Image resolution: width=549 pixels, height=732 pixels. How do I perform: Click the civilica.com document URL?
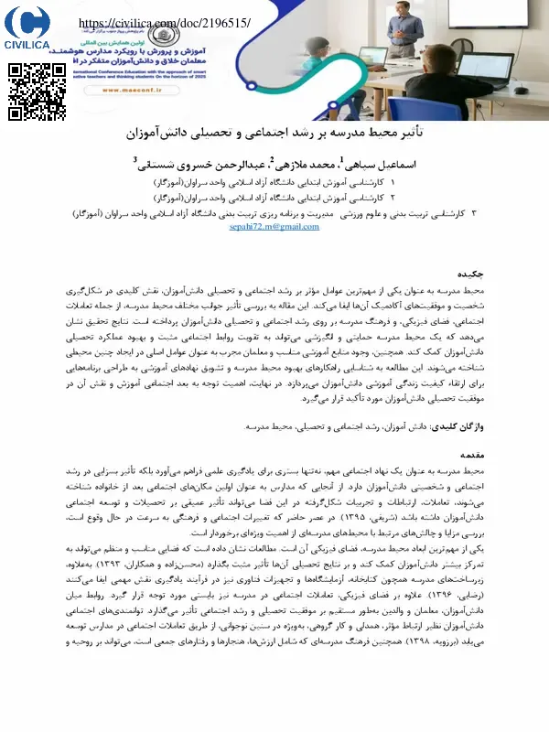pyautogui.click(x=165, y=23)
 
